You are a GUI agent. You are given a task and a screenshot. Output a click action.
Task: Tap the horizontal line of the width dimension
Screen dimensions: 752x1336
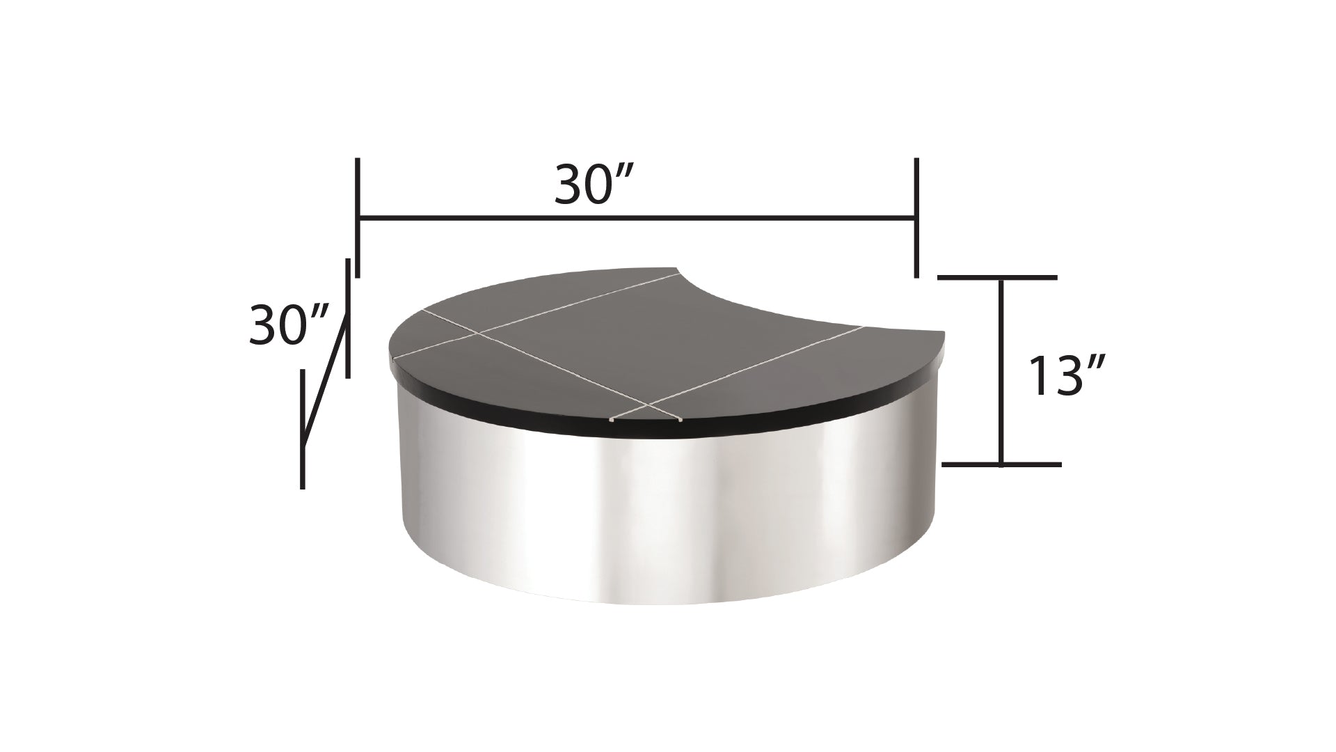(x=637, y=219)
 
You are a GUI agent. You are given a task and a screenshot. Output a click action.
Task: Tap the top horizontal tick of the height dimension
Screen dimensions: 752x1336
(x=997, y=277)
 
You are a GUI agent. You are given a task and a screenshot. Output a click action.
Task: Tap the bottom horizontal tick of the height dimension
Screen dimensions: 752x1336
(x=1001, y=464)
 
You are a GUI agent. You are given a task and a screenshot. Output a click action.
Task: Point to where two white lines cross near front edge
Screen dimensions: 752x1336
(x=648, y=405)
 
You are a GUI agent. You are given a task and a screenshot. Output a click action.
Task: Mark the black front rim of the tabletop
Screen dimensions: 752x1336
(x=626, y=428)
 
